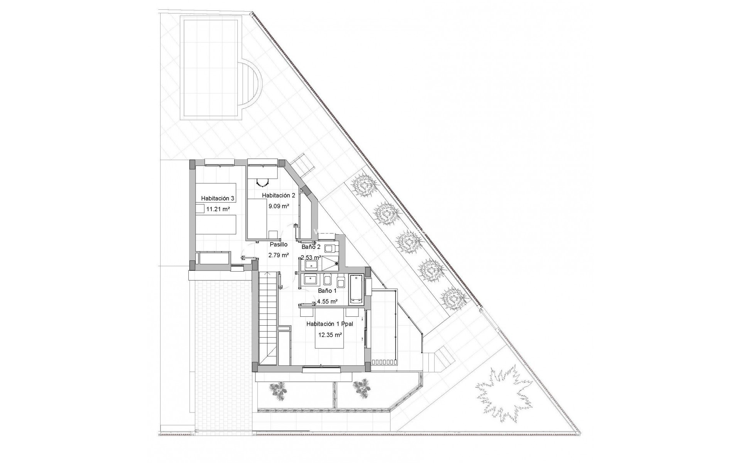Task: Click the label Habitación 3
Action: [x=218, y=198]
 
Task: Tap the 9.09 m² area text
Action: [x=279, y=206]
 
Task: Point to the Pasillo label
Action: [x=278, y=244]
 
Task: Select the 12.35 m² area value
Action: [x=330, y=335]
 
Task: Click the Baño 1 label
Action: [x=327, y=291]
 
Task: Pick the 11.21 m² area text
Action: [x=218, y=210]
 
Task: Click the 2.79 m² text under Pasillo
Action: [x=278, y=255]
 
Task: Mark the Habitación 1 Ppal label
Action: [x=330, y=324]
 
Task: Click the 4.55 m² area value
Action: [x=327, y=302]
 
